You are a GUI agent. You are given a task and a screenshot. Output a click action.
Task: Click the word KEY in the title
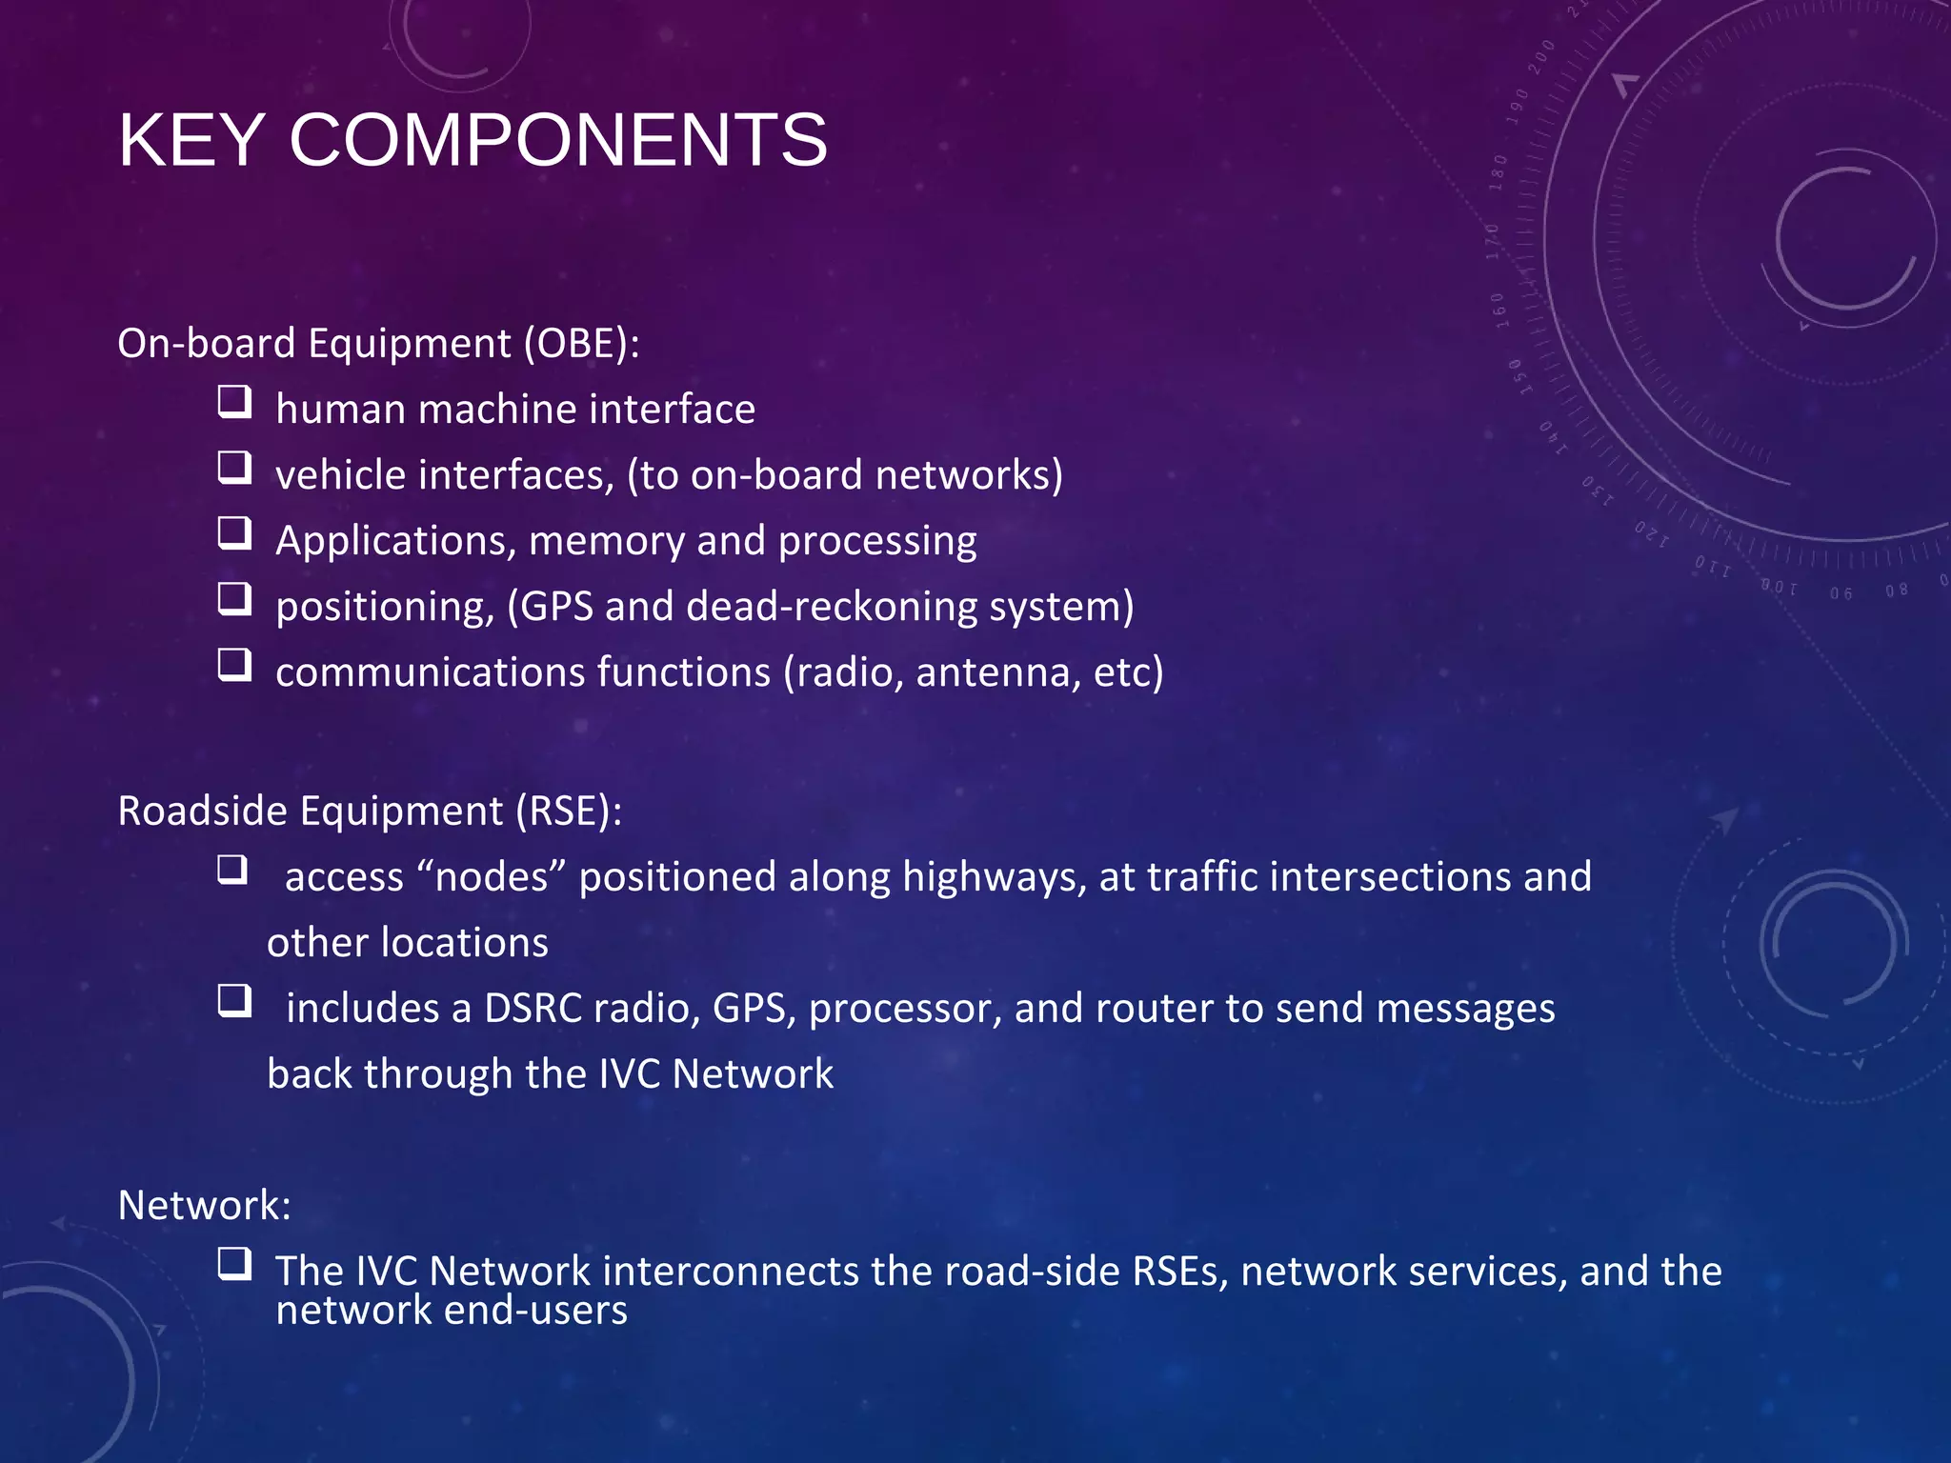[x=191, y=141]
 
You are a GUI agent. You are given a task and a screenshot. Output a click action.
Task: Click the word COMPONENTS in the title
[x=558, y=141]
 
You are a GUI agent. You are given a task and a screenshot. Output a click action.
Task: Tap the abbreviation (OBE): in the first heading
[x=581, y=344]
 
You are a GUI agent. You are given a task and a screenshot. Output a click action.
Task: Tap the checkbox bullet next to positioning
[x=234, y=599]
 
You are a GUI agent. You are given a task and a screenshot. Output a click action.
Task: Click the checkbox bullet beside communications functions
[x=234, y=665]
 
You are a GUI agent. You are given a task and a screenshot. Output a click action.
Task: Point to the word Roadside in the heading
[x=202, y=812]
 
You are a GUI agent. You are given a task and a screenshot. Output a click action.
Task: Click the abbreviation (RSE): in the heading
[x=570, y=812]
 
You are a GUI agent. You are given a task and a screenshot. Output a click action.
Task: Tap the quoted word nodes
[x=492, y=877]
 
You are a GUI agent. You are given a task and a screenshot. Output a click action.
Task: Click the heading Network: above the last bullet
[x=204, y=1206]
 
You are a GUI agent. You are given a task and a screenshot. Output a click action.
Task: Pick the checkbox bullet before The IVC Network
[x=234, y=1264]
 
